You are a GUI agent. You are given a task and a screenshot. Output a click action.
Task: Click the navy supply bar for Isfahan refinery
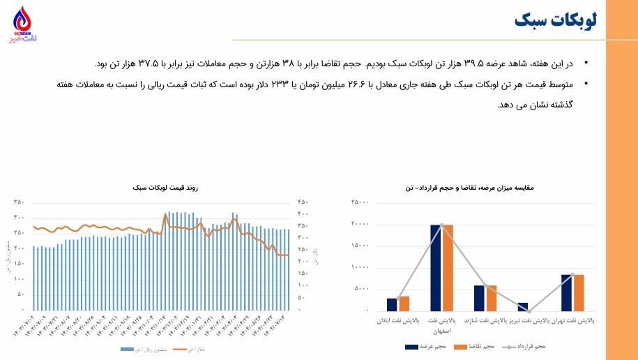click(436, 267)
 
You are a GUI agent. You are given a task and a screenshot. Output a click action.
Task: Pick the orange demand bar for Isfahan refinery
click(448, 267)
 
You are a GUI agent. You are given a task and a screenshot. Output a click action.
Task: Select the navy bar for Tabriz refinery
click(523, 307)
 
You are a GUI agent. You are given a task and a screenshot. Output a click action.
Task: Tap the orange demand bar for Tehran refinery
click(579, 292)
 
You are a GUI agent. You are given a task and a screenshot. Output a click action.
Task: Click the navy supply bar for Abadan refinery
click(392, 304)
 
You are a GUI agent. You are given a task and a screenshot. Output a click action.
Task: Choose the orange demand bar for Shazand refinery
click(491, 298)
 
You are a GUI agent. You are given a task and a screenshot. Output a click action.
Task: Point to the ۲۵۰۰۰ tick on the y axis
click(360, 203)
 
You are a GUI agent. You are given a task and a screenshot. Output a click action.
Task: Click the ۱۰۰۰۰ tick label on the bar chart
click(360, 268)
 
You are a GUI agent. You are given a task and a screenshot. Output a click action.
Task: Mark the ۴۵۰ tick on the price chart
click(303, 202)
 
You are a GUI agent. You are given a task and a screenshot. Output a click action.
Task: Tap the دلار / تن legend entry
click(204, 349)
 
